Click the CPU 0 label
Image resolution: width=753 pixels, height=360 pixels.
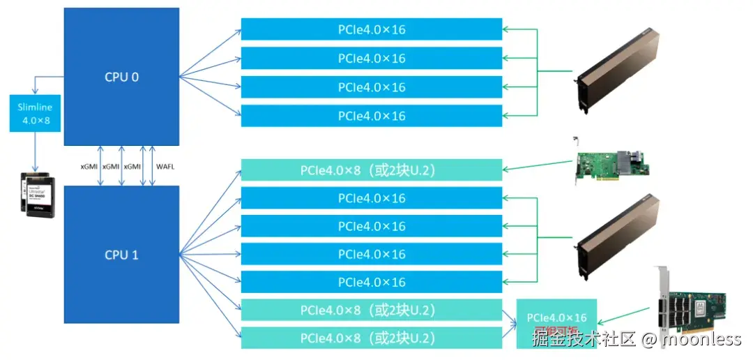[122, 77]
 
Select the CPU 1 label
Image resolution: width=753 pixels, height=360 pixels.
[122, 255]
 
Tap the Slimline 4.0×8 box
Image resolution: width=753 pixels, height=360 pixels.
[35, 114]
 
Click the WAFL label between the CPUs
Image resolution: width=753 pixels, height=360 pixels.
[165, 166]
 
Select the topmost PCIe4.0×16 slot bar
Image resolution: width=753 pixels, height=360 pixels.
[372, 30]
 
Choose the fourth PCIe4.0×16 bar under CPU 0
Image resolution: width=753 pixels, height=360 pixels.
[372, 116]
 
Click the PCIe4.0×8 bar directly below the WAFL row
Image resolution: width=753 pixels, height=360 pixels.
[372, 170]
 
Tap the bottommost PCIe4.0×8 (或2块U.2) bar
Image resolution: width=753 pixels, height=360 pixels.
[372, 338]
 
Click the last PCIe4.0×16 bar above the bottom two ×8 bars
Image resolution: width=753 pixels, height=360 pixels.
[372, 282]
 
